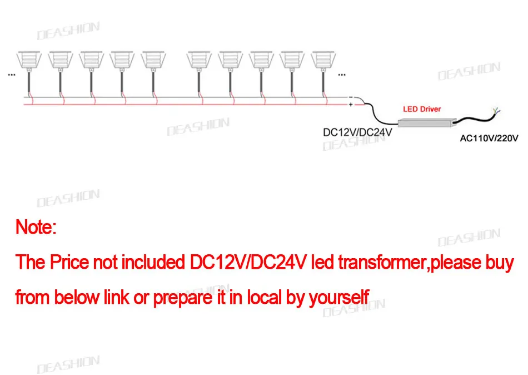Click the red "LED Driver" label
click(x=422, y=109)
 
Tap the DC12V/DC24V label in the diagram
click(x=358, y=133)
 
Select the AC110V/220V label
click(x=489, y=138)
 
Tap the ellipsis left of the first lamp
click(x=11, y=73)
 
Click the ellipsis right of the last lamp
click(x=341, y=73)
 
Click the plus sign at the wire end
click(x=351, y=104)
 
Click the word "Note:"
click(x=36, y=227)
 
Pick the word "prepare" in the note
click(x=183, y=298)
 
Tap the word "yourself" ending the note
click(x=339, y=298)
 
